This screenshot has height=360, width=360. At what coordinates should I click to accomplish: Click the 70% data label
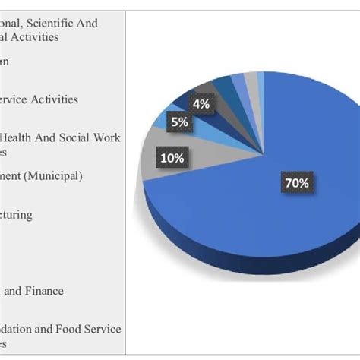pos(296,183)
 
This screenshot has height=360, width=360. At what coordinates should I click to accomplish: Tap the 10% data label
pos(171,157)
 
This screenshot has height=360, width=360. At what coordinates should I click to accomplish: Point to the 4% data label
pos(201,104)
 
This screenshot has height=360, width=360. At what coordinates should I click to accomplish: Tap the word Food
pos(71,329)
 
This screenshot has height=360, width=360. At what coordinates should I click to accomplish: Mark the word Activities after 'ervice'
pos(60,99)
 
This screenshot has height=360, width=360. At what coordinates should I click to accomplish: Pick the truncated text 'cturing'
pos(15,215)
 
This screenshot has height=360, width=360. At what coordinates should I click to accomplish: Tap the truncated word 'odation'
pos(19,329)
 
